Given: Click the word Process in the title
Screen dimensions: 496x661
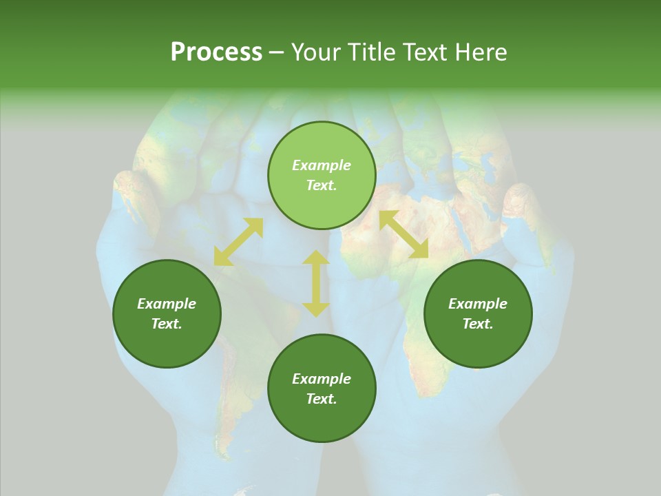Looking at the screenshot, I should (216, 52).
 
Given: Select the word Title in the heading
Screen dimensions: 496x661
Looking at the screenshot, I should (371, 52).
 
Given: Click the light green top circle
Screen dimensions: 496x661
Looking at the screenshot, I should (322, 175).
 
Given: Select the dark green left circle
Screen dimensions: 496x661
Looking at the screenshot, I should (167, 313).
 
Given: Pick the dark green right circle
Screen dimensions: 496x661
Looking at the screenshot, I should (478, 313).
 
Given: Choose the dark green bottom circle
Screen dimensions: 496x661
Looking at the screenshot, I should (322, 389).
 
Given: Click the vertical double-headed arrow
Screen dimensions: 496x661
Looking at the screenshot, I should (316, 283).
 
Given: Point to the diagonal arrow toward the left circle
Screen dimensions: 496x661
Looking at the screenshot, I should (238, 242).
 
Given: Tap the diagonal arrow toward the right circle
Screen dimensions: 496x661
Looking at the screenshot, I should (403, 234).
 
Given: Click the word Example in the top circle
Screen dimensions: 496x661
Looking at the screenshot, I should (322, 165).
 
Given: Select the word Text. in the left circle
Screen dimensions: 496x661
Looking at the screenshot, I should (167, 324).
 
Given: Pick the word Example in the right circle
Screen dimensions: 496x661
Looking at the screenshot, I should (478, 304).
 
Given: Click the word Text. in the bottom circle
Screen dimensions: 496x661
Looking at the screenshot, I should (322, 399).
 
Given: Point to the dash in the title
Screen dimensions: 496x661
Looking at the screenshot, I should (276, 52).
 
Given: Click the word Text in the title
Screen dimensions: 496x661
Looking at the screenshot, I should (425, 52).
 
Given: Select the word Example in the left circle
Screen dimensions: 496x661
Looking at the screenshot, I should (167, 304).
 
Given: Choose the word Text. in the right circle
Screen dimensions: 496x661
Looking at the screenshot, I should (478, 324).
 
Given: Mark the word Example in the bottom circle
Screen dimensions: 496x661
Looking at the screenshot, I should (322, 379).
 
